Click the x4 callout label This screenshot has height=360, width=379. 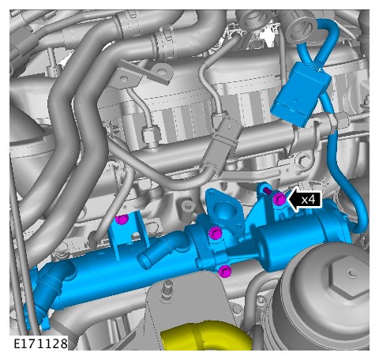pos(309,200)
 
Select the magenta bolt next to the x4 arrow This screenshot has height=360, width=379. pos(280,199)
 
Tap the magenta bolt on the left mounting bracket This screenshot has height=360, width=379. pos(122,219)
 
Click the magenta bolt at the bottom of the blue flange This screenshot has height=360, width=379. pos(225,272)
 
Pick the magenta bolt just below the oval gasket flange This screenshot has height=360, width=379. pos(216,233)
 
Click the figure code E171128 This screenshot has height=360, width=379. pos(40,343)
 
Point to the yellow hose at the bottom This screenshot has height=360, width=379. pos(205,336)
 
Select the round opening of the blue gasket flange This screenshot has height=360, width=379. pos(223,210)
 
